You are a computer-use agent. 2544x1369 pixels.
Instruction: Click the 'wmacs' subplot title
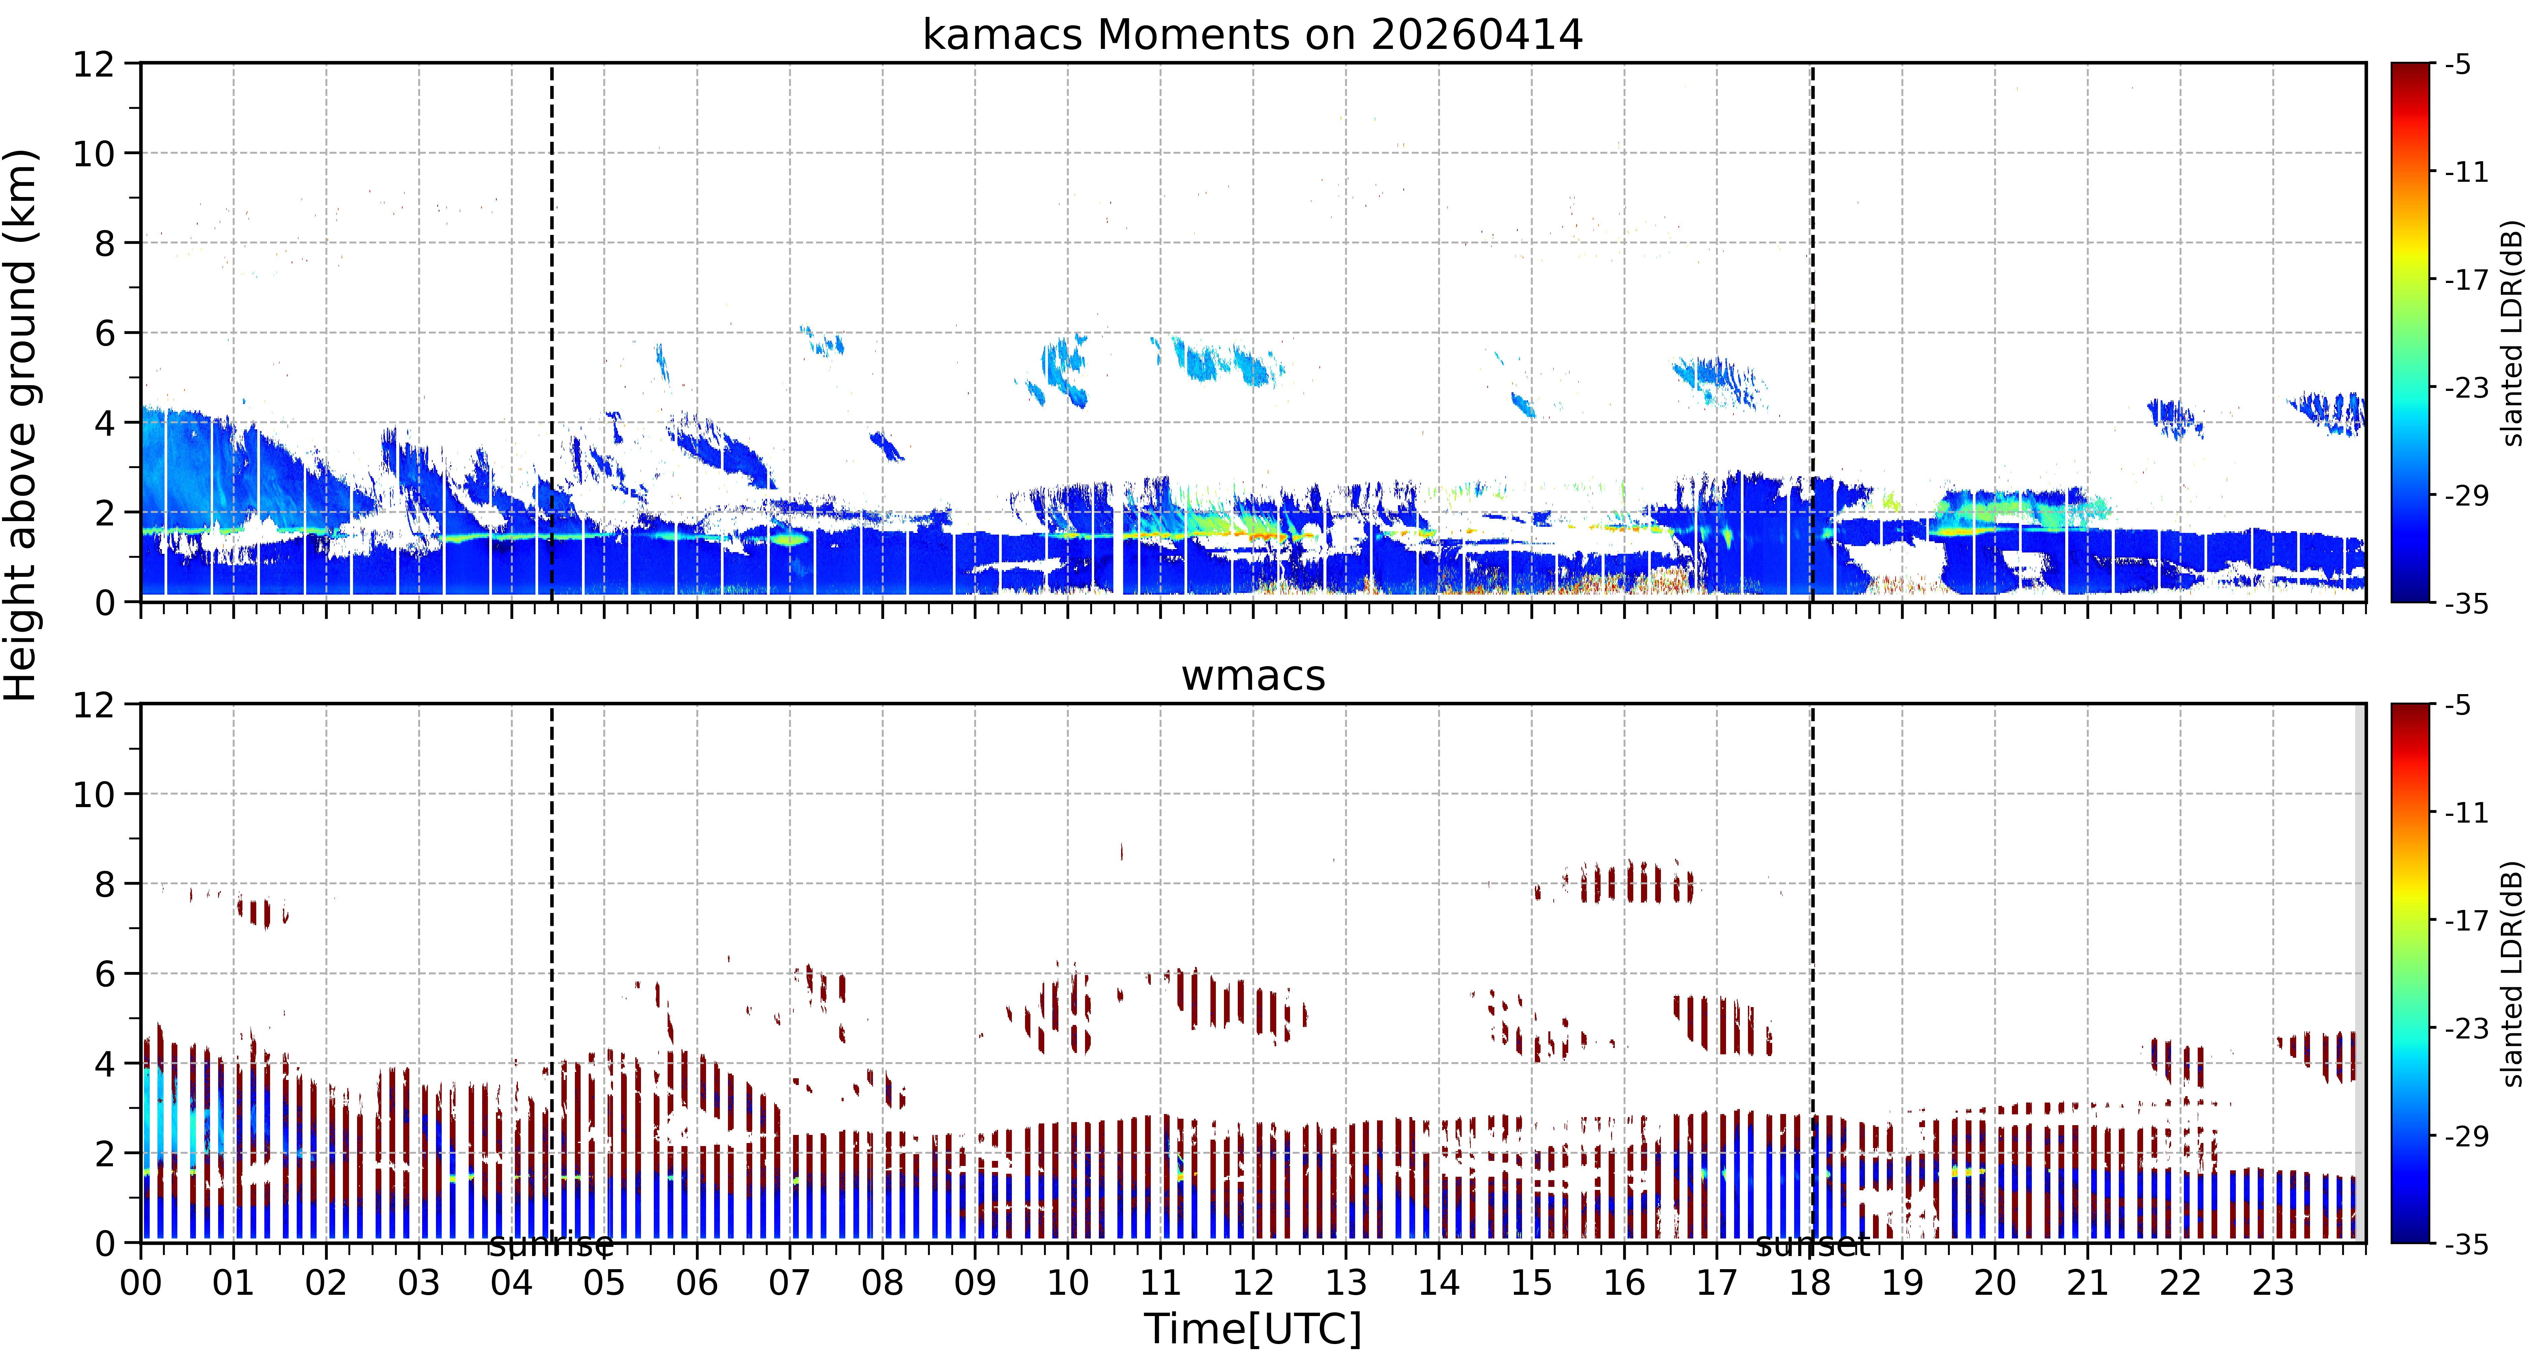[1252, 676]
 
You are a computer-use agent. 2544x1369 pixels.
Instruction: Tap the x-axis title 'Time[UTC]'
[1252, 1330]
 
